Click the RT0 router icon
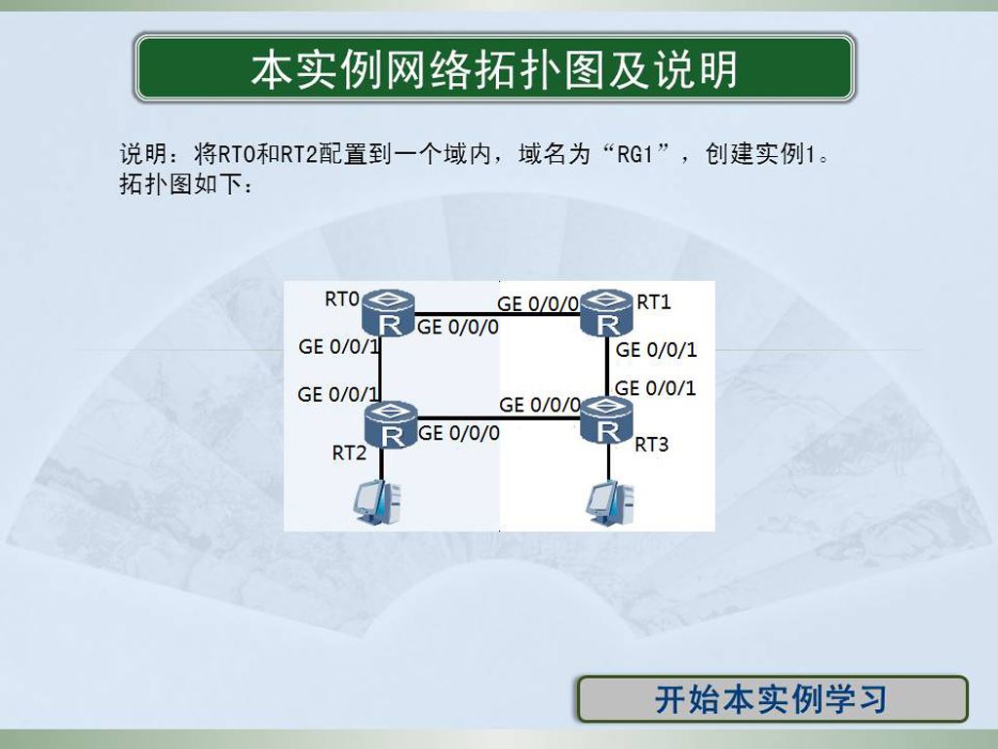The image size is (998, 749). click(388, 313)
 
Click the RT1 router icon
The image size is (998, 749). click(606, 312)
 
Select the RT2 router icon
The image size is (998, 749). click(391, 425)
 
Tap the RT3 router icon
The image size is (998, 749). click(606, 419)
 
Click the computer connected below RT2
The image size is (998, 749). click(378, 502)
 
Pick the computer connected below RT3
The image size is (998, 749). click(610, 504)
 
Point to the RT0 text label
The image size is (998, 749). click(342, 298)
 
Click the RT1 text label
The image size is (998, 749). click(654, 302)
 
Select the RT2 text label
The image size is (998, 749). click(350, 453)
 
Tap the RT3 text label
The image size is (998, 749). click(652, 445)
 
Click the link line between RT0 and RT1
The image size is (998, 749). click(498, 314)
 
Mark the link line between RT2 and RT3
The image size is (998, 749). click(499, 418)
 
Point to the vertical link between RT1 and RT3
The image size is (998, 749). click(608, 367)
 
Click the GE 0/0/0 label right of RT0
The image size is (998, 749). click(458, 328)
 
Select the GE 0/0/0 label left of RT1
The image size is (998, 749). click(538, 304)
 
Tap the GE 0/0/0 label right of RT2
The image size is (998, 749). click(459, 433)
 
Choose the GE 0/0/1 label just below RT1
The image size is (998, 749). click(656, 350)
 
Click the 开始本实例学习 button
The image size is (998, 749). click(773, 698)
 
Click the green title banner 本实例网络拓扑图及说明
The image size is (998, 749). click(494, 68)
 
